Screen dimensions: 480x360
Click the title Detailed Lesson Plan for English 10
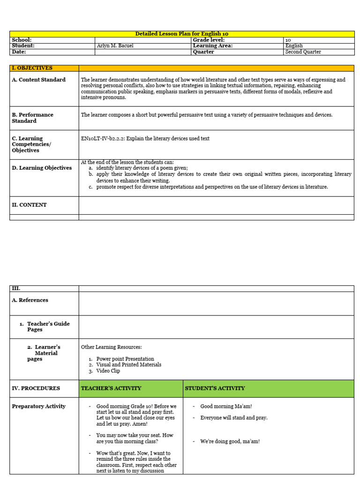point(182,34)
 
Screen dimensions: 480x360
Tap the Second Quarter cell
point(303,52)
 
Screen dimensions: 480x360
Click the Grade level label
point(209,40)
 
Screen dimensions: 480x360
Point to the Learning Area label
point(213,46)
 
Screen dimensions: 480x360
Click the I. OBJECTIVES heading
point(32,68)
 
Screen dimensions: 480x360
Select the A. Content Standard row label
point(38,80)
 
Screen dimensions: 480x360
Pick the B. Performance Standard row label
point(32,118)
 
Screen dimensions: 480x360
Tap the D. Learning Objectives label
point(42,168)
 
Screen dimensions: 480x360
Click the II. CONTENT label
point(29,205)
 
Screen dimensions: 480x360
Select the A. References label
point(30,300)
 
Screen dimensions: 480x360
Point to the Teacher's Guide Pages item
point(48,327)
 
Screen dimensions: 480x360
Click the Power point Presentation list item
point(125,359)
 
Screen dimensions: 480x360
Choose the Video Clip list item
point(108,371)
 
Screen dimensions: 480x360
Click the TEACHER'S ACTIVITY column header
point(111,388)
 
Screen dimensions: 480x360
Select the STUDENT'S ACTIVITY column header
point(215,388)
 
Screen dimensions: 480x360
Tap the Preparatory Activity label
point(38,406)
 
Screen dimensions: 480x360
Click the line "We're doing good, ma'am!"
point(230,441)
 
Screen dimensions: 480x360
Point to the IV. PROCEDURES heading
point(36,388)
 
